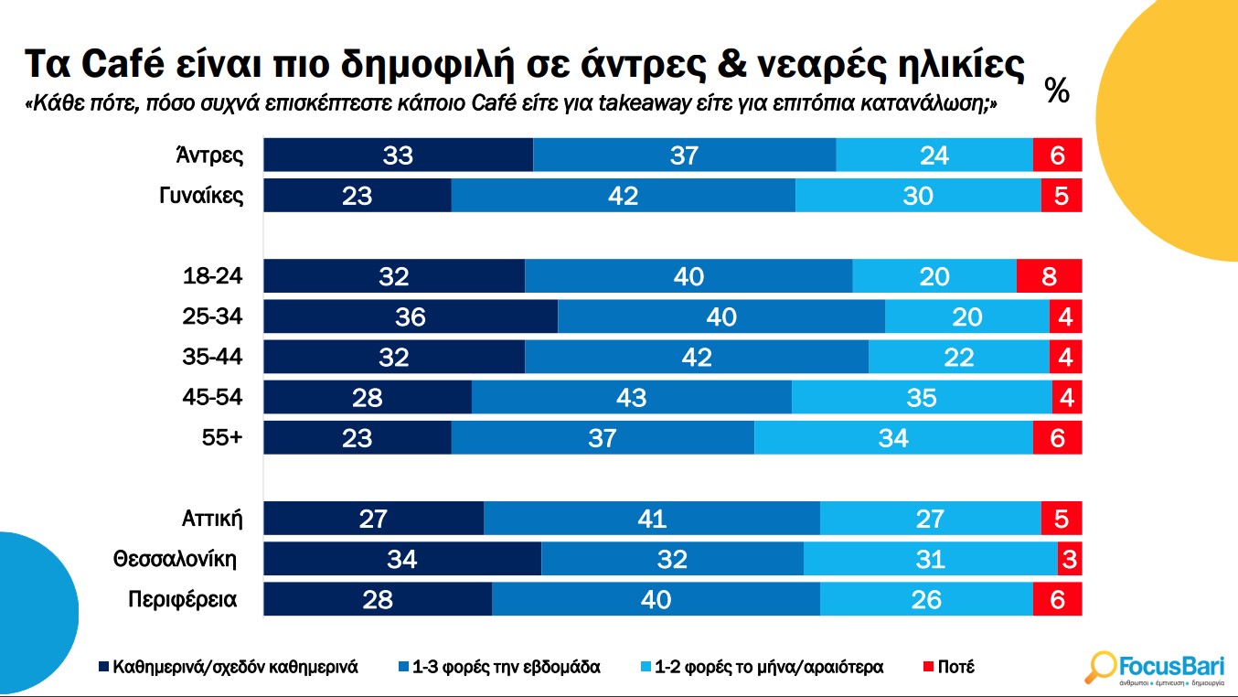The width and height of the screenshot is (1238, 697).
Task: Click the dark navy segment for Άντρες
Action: [x=398, y=155]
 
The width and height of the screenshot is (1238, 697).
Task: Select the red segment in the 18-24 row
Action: [x=1049, y=276]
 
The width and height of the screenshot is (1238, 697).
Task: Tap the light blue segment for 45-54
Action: [x=922, y=397]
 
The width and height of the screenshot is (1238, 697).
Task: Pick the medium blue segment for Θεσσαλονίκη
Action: [x=672, y=558]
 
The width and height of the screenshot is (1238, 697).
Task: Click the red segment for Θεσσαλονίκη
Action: [x=1069, y=558]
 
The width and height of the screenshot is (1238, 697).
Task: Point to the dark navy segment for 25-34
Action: [x=411, y=316]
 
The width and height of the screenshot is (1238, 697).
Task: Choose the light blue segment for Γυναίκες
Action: [x=918, y=196]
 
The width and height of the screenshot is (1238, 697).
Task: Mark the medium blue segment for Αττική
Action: [x=652, y=519]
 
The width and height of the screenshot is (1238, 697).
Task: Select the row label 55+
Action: [x=222, y=437]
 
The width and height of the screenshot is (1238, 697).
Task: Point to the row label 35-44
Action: [x=213, y=357]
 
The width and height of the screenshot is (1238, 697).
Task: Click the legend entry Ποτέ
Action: [x=950, y=667]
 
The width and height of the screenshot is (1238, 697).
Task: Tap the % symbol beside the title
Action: [x=1057, y=91]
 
